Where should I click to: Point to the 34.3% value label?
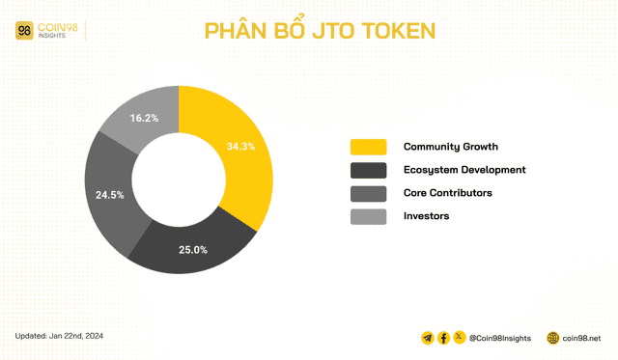coord(240,147)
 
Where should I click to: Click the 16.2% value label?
coord(143,118)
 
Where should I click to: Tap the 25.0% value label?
coord(193,250)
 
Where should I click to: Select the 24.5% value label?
coord(109,194)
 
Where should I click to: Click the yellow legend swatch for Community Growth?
coord(368,147)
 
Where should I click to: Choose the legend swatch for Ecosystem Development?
coord(368,170)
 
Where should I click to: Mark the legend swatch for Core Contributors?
coord(368,193)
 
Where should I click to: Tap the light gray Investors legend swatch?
coord(368,216)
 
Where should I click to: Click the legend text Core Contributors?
coord(447,193)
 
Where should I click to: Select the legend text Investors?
coord(426,216)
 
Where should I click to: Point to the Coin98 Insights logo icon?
coord(25,31)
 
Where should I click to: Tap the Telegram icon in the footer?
coord(428,338)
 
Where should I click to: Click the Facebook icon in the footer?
coord(444,338)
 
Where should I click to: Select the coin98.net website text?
coord(582,339)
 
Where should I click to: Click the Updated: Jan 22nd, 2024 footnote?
coord(59,336)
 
